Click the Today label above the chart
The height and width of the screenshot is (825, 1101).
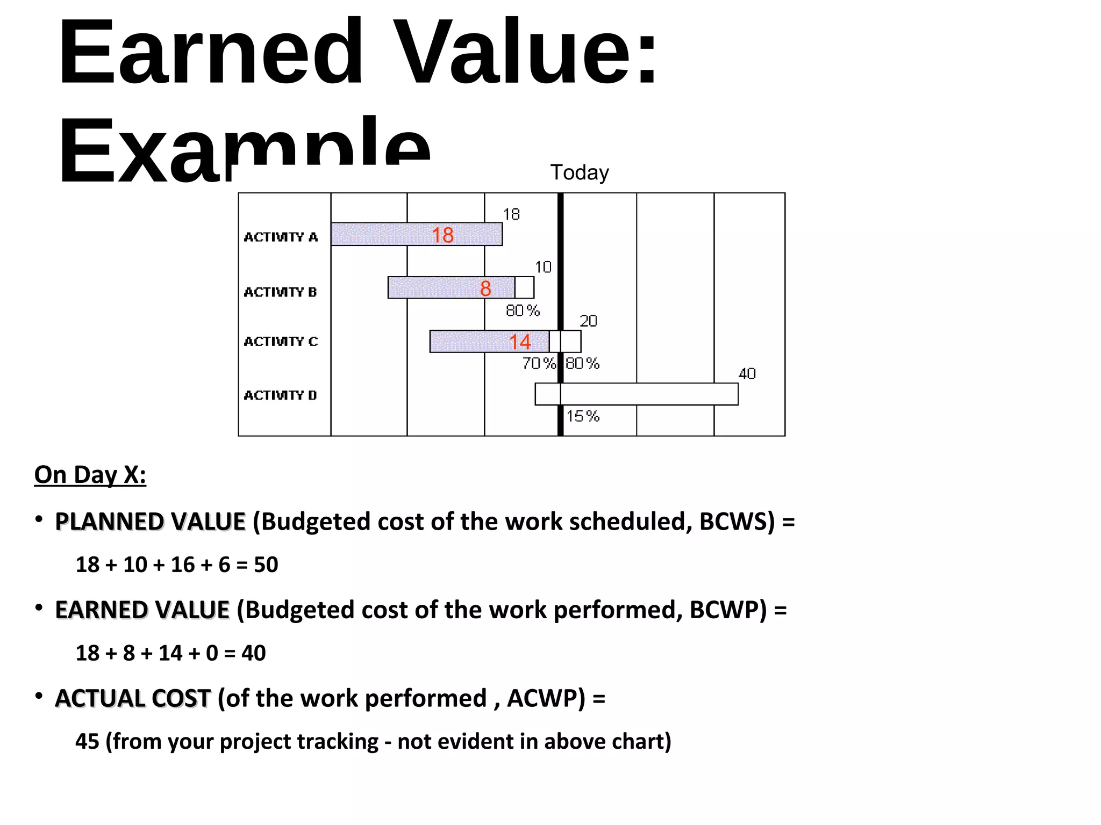(x=580, y=172)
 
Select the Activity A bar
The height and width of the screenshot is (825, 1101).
(x=387, y=235)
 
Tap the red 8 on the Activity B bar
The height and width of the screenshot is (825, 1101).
(x=485, y=288)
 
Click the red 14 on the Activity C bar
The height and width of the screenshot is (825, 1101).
(x=520, y=342)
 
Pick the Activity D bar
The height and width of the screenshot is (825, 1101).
(x=645, y=394)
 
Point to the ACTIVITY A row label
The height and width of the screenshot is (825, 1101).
(x=281, y=237)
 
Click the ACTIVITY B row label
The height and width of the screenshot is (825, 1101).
(x=280, y=292)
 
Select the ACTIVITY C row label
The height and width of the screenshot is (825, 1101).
(x=281, y=342)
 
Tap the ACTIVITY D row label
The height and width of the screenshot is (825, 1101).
(x=280, y=395)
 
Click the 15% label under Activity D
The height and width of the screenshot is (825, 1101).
(x=583, y=416)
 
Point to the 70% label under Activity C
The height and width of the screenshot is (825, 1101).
(x=539, y=364)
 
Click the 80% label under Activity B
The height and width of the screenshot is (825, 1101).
(x=523, y=310)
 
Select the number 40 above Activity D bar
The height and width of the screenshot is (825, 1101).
(x=747, y=374)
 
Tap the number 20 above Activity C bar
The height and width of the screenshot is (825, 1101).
(x=588, y=321)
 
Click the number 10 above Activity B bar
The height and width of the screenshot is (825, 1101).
(x=543, y=267)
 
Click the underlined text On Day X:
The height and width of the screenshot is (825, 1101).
(x=90, y=475)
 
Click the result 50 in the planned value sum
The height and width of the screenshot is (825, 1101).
(x=266, y=565)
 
